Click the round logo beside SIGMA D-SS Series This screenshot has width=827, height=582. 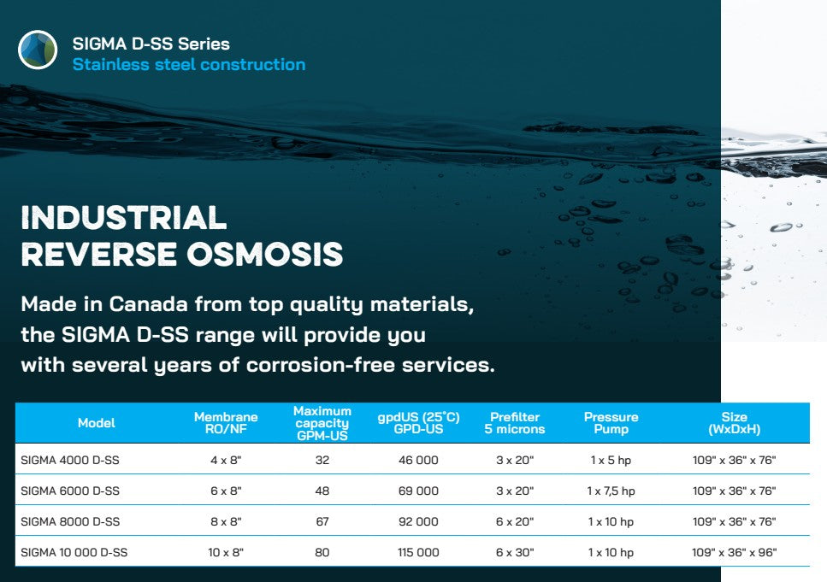[x=38, y=50]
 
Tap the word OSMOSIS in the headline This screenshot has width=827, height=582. [x=265, y=254]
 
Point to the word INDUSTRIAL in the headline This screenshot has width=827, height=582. [x=124, y=217]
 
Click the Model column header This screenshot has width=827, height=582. [x=97, y=423]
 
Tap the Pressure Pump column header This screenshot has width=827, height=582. [x=611, y=423]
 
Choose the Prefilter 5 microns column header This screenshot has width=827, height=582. [x=515, y=423]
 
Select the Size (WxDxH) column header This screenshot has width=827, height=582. [x=734, y=423]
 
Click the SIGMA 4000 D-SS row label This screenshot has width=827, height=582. [x=70, y=461]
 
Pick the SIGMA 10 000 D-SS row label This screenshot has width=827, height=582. [x=74, y=552]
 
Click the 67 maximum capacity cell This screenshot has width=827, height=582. [x=322, y=522]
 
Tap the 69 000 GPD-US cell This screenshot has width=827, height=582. [x=418, y=491]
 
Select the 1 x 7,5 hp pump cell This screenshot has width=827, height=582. [x=611, y=491]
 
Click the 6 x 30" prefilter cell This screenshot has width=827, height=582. [x=515, y=552]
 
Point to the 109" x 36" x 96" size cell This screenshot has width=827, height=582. [x=734, y=552]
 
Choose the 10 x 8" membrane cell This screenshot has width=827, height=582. [x=226, y=552]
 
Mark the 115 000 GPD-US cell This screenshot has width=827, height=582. [x=418, y=552]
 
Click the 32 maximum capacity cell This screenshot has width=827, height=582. [x=322, y=461]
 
